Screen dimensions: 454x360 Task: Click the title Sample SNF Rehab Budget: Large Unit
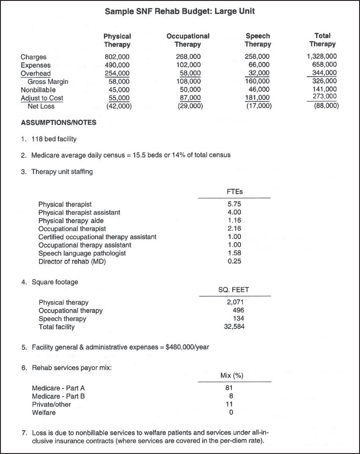(180, 12)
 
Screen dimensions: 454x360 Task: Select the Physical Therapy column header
(117, 40)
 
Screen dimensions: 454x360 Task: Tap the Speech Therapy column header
(258, 40)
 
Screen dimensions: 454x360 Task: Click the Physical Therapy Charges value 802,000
(117, 57)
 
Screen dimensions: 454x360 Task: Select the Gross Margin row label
(48, 82)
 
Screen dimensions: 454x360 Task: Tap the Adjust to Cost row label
(42, 98)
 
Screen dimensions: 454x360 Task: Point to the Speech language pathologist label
(82, 253)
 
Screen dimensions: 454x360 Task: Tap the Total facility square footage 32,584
(234, 327)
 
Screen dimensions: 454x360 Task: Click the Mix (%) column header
(231, 376)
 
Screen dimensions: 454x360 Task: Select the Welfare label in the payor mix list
(44, 413)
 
